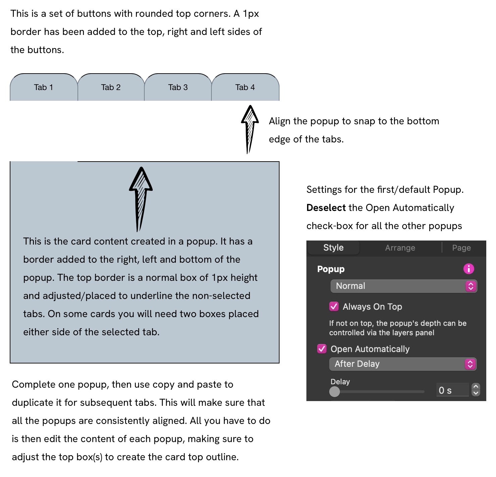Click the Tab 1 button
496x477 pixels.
(x=44, y=87)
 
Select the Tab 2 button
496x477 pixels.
(x=111, y=87)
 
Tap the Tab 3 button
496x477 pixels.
(x=178, y=87)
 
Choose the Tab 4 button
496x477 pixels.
(x=245, y=87)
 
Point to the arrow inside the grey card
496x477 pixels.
(x=141, y=198)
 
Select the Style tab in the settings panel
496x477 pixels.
(x=333, y=248)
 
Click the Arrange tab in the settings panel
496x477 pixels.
(x=400, y=248)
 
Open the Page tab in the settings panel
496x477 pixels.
(x=461, y=248)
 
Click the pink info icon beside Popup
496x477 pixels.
(x=468, y=269)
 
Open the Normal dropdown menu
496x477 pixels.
(x=403, y=286)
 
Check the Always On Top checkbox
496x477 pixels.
(x=334, y=306)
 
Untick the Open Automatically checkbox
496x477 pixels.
(x=322, y=349)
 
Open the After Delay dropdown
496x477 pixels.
(x=403, y=364)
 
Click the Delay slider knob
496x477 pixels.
(x=335, y=391)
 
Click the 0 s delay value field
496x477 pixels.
(x=452, y=390)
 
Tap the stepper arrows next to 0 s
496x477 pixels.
(x=476, y=390)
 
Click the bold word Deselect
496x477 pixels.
(x=326, y=208)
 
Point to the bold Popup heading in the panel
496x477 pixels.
(x=331, y=269)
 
